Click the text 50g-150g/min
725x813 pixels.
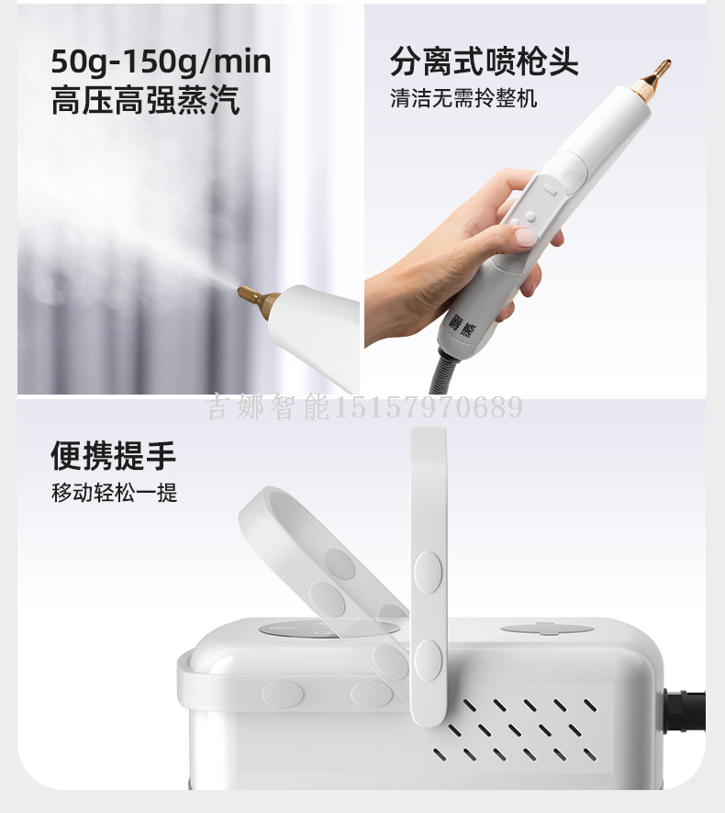[x=161, y=62]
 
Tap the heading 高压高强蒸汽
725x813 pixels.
[x=145, y=100]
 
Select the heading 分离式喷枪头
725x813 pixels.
[x=484, y=61]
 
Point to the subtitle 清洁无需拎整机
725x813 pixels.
[x=463, y=98]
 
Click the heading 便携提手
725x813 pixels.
[x=114, y=456]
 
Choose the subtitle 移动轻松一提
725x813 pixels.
[x=114, y=492]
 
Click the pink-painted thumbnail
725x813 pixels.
[x=524, y=237]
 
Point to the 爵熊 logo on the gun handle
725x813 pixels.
[x=461, y=325]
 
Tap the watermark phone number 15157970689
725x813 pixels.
[x=428, y=407]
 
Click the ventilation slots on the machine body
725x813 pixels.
[x=515, y=729]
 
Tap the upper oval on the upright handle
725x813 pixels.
[x=429, y=573]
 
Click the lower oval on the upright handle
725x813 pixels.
[x=429, y=662]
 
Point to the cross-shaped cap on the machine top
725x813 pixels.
[x=547, y=629]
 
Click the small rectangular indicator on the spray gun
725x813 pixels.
[x=551, y=190]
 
